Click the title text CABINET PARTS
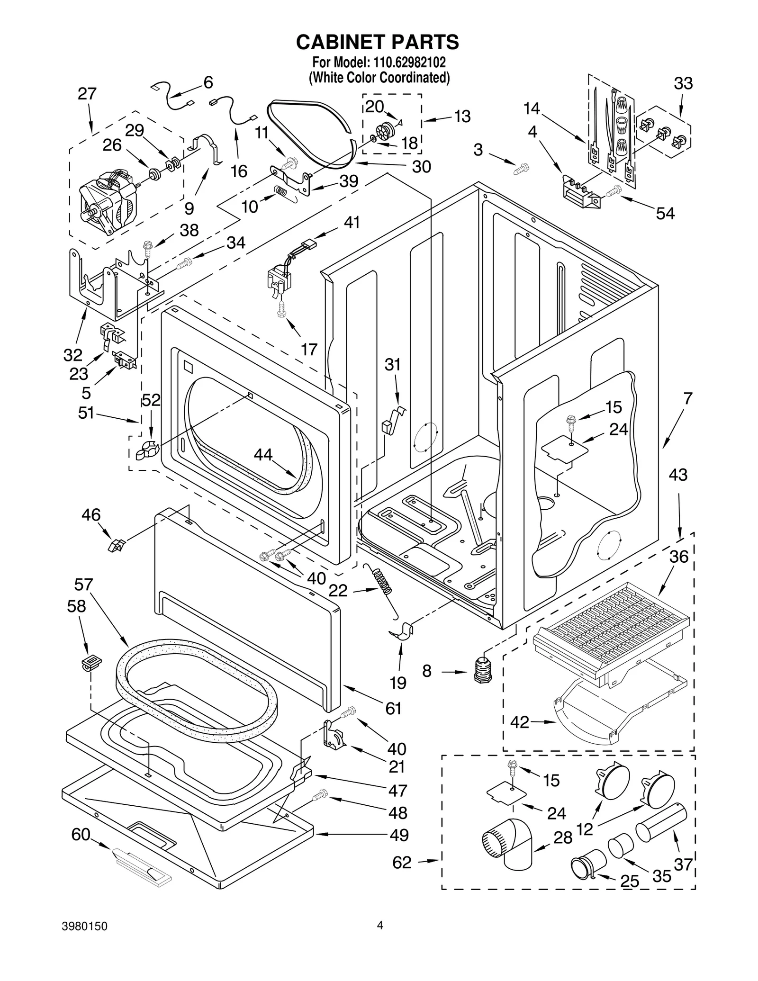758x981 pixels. point(378,42)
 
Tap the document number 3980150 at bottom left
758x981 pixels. point(84,939)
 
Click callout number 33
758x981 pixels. point(683,84)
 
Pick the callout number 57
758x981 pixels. point(83,585)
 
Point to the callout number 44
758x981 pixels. point(263,455)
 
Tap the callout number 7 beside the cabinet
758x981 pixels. point(687,398)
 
